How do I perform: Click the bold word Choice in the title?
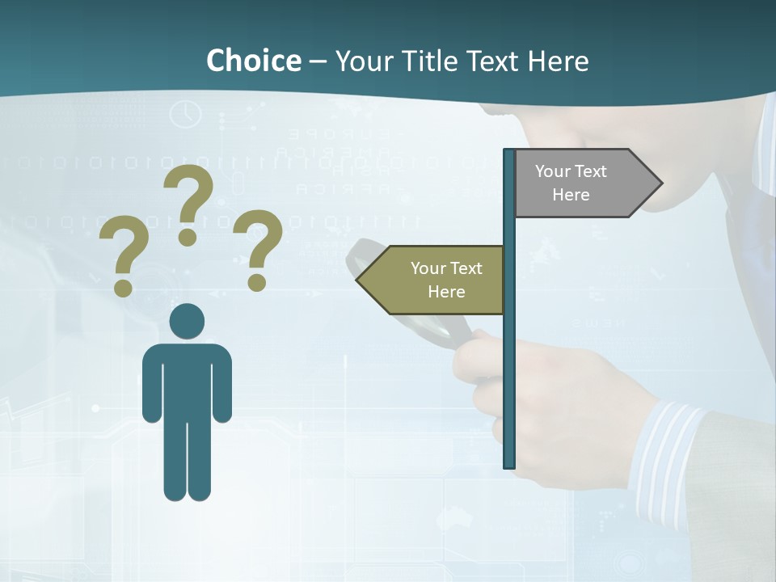click(253, 61)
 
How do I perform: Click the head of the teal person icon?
click(187, 322)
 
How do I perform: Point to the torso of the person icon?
click(187, 380)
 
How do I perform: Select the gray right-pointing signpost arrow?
click(582, 183)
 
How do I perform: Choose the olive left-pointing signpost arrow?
click(436, 280)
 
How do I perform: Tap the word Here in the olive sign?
click(446, 292)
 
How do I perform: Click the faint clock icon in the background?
click(186, 113)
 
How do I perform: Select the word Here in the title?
click(558, 61)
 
